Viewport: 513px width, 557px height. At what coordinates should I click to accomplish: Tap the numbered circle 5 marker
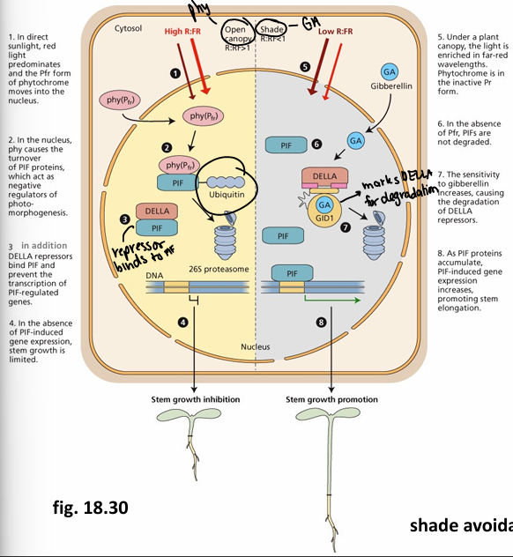pos(305,66)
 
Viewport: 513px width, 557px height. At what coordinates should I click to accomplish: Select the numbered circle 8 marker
pos(322,323)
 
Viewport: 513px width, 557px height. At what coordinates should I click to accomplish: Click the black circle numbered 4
pos(183,323)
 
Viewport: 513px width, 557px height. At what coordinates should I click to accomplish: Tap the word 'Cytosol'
pos(129,28)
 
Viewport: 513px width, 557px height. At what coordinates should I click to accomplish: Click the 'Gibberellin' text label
pos(389,89)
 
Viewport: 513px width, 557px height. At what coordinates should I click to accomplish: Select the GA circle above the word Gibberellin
pos(389,71)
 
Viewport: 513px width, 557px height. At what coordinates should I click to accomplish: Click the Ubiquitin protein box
pos(227,187)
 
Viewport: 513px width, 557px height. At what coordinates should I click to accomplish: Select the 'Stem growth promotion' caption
pos(332,399)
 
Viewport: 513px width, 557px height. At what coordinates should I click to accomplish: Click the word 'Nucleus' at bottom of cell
pos(256,347)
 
